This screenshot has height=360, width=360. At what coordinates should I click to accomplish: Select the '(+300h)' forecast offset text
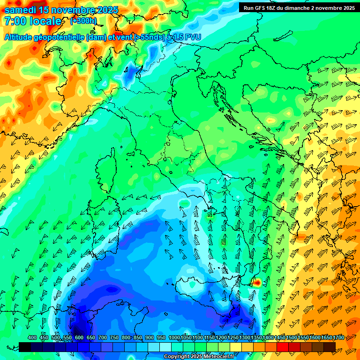83,21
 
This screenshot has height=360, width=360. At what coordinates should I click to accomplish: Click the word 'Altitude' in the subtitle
21,37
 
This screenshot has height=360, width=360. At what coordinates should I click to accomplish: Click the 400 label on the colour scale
32,338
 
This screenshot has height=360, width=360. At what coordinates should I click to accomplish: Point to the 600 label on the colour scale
79,338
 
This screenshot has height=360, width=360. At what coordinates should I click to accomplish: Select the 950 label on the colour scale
161,338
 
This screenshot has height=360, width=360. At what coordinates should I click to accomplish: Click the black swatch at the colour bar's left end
25,347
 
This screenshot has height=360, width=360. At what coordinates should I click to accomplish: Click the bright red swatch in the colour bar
283,347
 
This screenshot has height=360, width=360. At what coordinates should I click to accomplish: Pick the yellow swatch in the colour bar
236,347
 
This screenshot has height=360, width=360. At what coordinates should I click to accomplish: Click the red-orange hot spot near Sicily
257,282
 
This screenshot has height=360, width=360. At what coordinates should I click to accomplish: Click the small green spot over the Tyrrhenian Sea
184,203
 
